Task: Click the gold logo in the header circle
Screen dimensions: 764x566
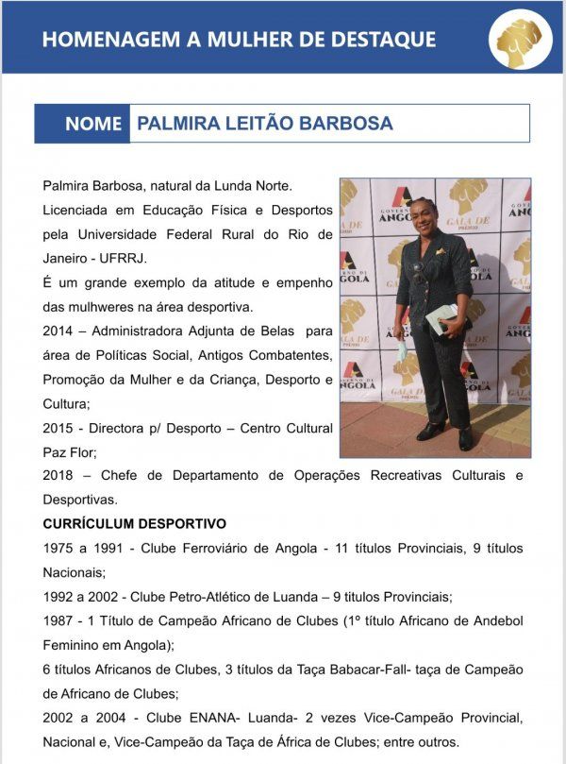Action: click(x=520, y=39)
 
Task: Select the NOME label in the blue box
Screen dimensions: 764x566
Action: click(x=93, y=124)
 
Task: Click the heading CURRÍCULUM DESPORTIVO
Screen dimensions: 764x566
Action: click(x=134, y=523)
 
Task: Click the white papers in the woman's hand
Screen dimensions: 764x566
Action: click(x=440, y=318)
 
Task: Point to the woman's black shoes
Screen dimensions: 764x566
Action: click(x=448, y=434)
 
